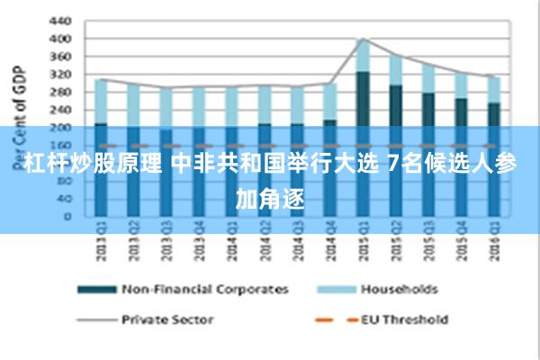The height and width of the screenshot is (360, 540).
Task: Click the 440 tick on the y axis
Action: pyautogui.click(x=58, y=20)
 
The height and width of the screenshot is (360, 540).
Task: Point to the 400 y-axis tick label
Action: pyautogui.click(x=58, y=39)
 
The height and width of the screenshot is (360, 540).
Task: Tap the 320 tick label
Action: pyautogui.click(x=58, y=74)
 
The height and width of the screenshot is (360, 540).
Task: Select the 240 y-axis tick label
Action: pyautogui.click(x=58, y=109)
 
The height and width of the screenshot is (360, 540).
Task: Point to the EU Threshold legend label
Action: pyautogui.click(x=404, y=319)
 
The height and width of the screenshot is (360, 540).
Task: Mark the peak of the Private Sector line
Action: pyautogui.click(x=362, y=39)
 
